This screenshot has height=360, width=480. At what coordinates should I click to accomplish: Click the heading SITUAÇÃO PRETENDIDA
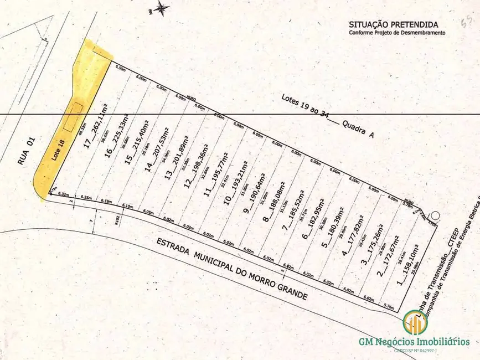pyautogui.click(x=393, y=24)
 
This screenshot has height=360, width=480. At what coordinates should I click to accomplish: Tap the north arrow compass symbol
pyautogui.click(x=162, y=7)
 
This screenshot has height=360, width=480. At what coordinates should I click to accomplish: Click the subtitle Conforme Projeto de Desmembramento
pyautogui.click(x=396, y=33)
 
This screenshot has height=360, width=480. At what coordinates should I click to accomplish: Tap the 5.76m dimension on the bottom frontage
pyautogui.click(x=388, y=306)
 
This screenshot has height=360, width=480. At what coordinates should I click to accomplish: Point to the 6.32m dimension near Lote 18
pyautogui.click(x=63, y=195)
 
